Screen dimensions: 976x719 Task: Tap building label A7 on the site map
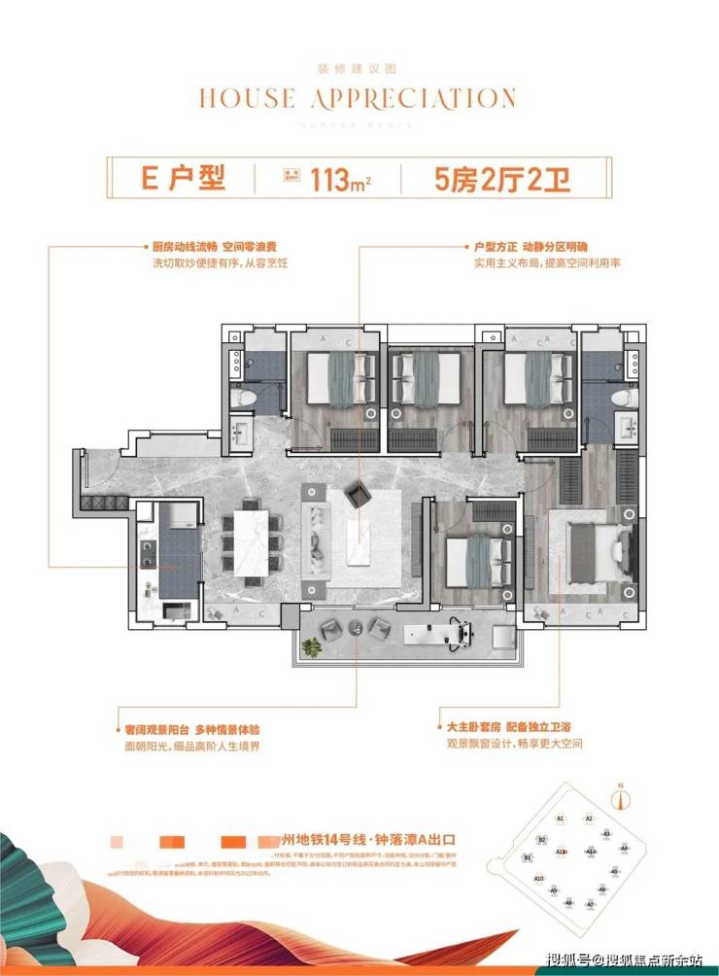coord(591,903)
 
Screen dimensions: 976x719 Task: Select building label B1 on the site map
coord(528,858)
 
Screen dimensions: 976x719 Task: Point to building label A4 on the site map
coord(625,849)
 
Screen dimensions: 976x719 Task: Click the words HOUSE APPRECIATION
coord(358,98)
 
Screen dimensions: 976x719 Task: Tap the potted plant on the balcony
coord(312,646)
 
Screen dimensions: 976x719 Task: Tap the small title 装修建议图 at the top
coord(358,68)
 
